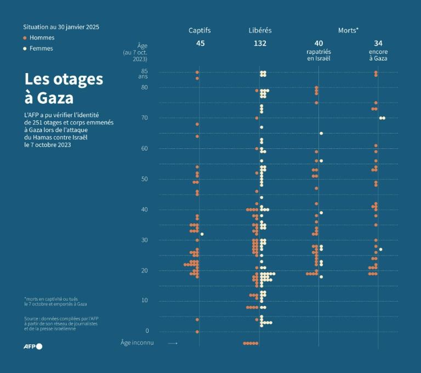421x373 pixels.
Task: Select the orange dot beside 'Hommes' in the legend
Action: [x=25, y=38]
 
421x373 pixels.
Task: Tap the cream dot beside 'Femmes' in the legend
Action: [x=25, y=48]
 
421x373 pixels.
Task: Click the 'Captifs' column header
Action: [x=200, y=30]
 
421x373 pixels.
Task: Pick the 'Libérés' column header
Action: [x=260, y=30]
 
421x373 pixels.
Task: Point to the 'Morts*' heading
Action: [x=348, y=30]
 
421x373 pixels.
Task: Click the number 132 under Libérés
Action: [x=260, y=43]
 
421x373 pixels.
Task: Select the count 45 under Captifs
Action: [x=200, y=43]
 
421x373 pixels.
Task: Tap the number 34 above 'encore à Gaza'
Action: [x=378, y=43]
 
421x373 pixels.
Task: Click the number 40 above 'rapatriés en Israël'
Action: [x=318, y=43]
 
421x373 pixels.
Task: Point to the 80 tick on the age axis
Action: [x=144, y=87]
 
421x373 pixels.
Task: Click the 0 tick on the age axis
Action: [x=146, y=331]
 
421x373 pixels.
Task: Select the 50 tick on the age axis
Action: [x=144, y=179]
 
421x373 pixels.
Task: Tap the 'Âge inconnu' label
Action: [x=137, y=343]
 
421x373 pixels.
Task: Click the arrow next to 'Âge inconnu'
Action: [x=173, y=343]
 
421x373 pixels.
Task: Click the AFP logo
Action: [x=32, y=346]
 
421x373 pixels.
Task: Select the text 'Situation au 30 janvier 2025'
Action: [x=61, y=26]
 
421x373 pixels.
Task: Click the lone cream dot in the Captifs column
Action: [x=202, y=234]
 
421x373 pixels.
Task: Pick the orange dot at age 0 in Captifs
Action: [x=197, y=332]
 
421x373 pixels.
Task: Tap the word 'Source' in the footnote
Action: [x=32, y=319]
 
